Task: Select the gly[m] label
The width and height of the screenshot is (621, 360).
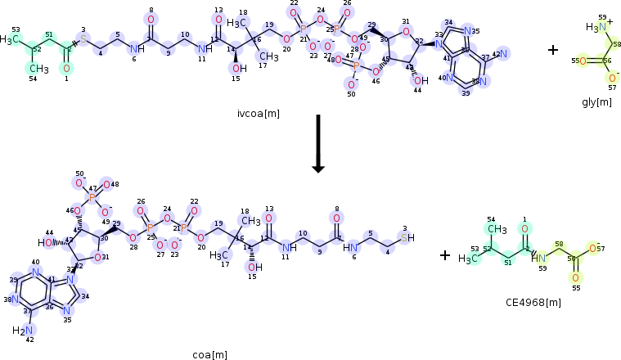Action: point(596,101)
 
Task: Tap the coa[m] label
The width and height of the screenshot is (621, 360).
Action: point(209,354)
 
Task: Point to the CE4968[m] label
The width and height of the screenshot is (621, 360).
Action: point(533,302)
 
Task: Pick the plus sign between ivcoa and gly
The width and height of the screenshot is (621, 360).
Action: point(553,50)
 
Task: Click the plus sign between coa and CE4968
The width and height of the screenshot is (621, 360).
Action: point(445,255)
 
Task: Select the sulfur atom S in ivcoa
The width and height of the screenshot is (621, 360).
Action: point(83,38)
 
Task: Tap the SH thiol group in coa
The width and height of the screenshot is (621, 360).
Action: point(409,238)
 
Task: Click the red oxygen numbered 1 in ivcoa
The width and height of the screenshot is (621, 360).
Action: point(66,68)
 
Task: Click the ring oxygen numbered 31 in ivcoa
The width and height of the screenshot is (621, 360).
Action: point(406,34)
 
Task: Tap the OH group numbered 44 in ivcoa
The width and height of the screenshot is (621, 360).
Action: point(421,80)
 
